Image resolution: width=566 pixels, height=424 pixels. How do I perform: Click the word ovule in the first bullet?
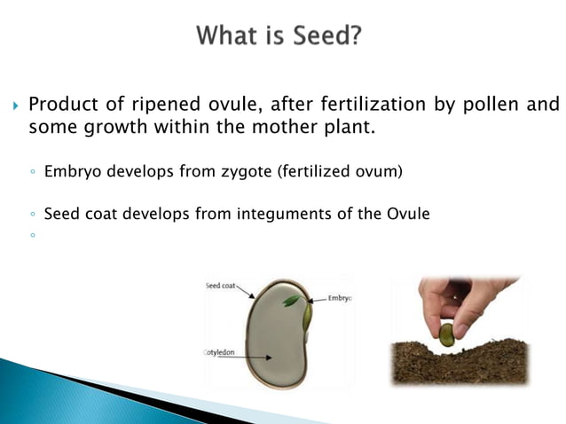pyautogui.click(x=209, y=105)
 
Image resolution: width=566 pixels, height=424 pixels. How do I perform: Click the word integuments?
pyautogui.click(x=287, y=213)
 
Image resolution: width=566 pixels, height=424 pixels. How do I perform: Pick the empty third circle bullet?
pyautogui.click(x=31, y=236)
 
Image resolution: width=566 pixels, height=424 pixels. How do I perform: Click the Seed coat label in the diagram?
pyautogui.click(x=219, y=286)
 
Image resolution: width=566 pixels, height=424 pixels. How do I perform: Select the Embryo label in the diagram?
pyautogui.click(x=339, y=298)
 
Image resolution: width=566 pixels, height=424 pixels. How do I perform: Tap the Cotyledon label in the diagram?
pyautogui.click(x=220, y=353)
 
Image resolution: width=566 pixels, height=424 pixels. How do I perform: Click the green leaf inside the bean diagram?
pyautogui.click(x=290, y=302)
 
